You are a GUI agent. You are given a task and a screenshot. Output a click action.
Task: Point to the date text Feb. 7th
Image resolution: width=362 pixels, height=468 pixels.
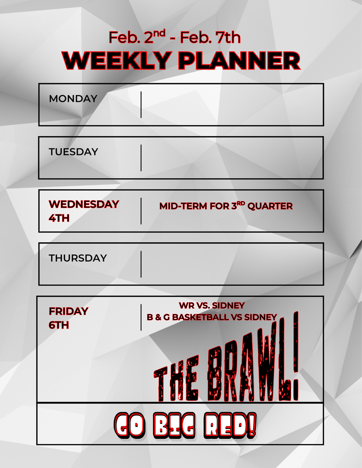(x=210, y=37)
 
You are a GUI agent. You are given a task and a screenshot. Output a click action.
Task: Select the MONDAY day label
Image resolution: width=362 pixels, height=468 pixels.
(x=73, y=99)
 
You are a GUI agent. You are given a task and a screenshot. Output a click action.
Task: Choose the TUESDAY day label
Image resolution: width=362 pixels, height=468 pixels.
(x=73, y=152)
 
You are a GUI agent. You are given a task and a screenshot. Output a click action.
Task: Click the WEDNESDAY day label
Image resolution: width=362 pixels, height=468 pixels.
(x=84, y=204)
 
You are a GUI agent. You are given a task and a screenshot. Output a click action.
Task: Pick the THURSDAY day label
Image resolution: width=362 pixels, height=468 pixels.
(x=77, y=258)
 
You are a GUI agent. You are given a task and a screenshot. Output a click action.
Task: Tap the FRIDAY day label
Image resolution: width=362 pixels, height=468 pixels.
(x=68, y=311)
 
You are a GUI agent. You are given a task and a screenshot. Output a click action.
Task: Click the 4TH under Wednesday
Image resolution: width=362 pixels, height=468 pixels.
(x=59, y=218)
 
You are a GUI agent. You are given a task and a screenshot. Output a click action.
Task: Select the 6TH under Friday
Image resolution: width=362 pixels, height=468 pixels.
(x=59, y=325)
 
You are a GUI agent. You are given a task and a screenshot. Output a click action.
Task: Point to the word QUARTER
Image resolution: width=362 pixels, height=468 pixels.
(x=270, y=206)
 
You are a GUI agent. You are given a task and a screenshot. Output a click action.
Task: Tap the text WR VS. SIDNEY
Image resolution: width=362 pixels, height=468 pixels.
(x=211, y=305)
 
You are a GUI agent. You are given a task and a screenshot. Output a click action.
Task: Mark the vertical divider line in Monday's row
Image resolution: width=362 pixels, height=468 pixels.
(x=141, y=105)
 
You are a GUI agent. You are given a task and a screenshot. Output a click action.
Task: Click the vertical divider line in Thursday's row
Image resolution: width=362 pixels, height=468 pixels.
(x=141, y=264)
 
